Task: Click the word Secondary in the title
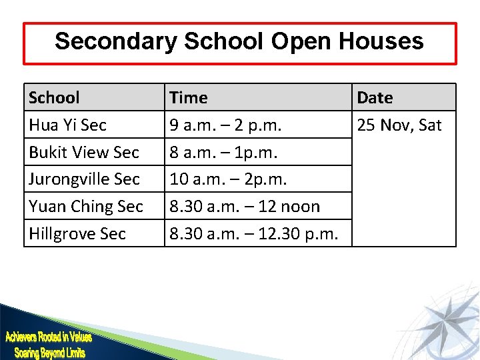pos(115,41)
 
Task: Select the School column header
pos(54,97)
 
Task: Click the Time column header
pos(189,97)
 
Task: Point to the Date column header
pos(375,97)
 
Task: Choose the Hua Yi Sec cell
pos(67,125)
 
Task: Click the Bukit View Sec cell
pos(84,152)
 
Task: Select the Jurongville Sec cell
pos(84,179)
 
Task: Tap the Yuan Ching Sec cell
pos(86,207)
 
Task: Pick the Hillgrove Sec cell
pos(77,234)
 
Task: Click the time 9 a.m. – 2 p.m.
pos(226,125)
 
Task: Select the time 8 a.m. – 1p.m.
pos(223,152)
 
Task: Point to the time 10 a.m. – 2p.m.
pos(228,179)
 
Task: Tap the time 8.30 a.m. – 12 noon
pos(245,207)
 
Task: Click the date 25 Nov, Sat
pos(399,125)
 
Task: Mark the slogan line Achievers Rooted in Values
pos(48,337)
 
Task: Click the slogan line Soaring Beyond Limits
pos(50,352)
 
